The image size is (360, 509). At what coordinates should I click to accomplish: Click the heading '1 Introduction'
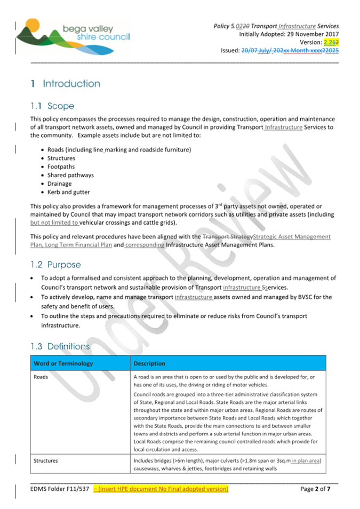click(x=66, y=84)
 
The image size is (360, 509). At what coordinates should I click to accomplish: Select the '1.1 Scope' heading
click(x=52, y=106)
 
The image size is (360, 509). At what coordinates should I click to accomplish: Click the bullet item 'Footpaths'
click(x=61, y=166)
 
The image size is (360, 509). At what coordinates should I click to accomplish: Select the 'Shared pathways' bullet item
click(x=70, y=175)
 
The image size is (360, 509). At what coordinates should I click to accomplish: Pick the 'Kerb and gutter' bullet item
click(x=69, y=192)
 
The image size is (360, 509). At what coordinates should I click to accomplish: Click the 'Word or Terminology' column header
click(x=63, y=363)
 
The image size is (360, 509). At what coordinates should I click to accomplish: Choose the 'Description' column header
click(x=150, y=363)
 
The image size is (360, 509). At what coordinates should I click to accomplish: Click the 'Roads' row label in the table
click(x=41, y=377)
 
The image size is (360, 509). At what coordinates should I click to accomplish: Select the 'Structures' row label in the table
click(x=46, y=460)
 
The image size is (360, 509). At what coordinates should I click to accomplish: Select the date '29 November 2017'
click(x=310, y=34)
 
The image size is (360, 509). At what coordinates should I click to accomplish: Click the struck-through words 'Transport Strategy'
click(x=227, y=236)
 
